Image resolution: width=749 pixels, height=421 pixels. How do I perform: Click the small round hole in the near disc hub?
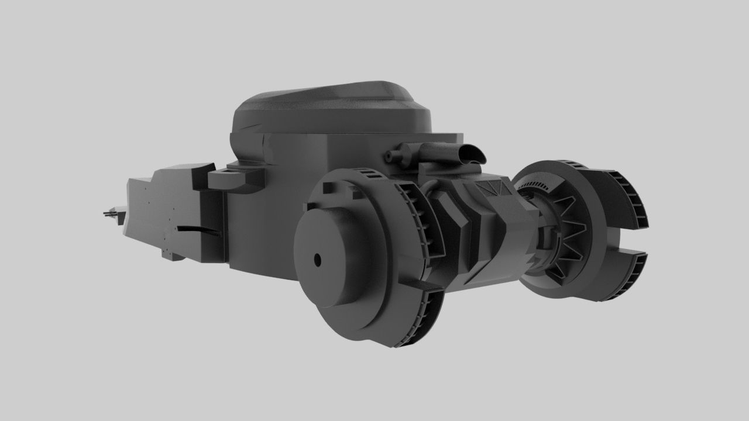coord(318,258)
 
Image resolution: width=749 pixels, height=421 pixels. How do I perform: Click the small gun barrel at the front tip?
coord(109,214)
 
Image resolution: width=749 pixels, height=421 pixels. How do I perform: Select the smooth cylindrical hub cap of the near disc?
coord(334,257)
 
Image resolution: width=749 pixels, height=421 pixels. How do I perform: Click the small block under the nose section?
coord(171,256)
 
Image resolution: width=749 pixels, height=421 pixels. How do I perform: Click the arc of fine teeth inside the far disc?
coord(535,186)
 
